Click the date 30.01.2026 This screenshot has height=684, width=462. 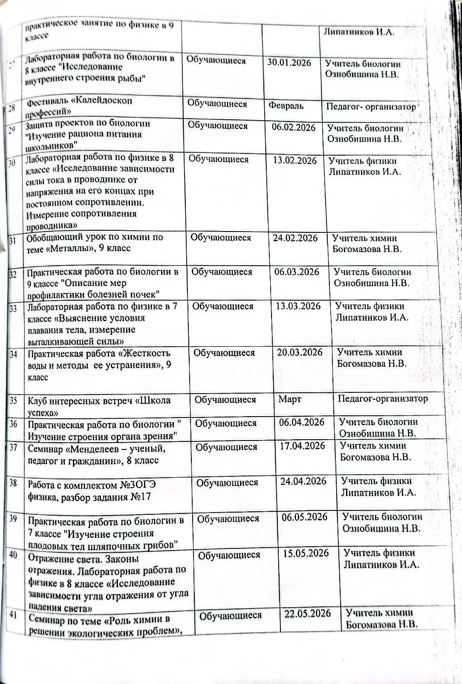(289, 62)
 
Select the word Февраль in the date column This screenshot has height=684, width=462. (286, 105)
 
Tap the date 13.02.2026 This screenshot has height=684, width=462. (295, 160)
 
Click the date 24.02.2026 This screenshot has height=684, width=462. (295, 238)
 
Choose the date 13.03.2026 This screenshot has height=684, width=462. (298, 306)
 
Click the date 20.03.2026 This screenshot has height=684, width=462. (300, 352)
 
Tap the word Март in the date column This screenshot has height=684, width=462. (290, 399)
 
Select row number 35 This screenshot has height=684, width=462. (13, 400)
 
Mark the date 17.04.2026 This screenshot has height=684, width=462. (303, 446)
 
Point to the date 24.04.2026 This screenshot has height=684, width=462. (303, 481)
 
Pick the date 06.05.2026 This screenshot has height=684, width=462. (305, 517)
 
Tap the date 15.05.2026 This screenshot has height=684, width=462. (306, 553)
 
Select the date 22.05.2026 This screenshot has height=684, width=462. (308, 614)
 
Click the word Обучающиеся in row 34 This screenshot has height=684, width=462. (224, 353)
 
